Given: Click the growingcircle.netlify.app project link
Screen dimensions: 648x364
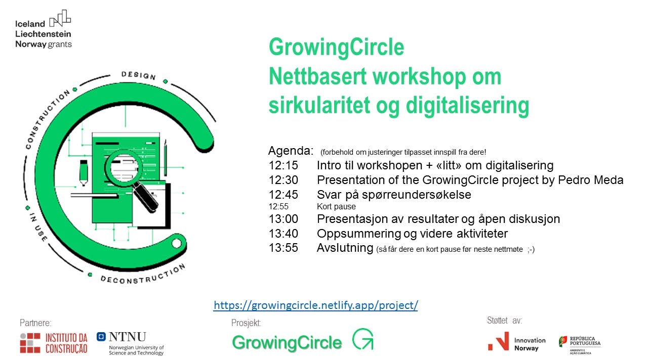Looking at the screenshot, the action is (x=315, y=305).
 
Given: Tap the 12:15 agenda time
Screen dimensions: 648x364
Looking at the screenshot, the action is (x=283, y=165).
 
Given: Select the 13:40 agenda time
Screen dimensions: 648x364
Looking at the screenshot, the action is (x=283, y=234).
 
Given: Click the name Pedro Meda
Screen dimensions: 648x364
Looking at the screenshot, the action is (x=590, y=180).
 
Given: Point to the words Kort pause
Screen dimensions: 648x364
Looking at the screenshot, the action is (x=336, y=207).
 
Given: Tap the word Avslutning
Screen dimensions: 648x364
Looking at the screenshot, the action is (x=345, y=248).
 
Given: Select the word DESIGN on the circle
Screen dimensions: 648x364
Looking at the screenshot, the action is (x=139, y=76).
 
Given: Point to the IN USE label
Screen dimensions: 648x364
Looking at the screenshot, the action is (x=38, y=227).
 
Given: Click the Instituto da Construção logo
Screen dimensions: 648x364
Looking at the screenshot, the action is (x=54, y=343).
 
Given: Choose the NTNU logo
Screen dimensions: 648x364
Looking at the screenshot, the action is (x=130, y=343).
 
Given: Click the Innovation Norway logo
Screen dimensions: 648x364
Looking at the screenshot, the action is (x=517, y=342).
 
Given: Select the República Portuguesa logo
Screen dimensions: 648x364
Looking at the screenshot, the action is (x=580, y=345).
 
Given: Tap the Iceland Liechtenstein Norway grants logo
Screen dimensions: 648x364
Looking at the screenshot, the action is (x=44, y=29).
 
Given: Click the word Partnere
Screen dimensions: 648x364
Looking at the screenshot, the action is (x=35, y=323).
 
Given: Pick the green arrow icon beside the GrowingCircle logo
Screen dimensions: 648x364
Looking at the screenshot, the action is (x=363, y=339).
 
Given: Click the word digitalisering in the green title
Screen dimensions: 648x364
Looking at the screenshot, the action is (x=467, y=106).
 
